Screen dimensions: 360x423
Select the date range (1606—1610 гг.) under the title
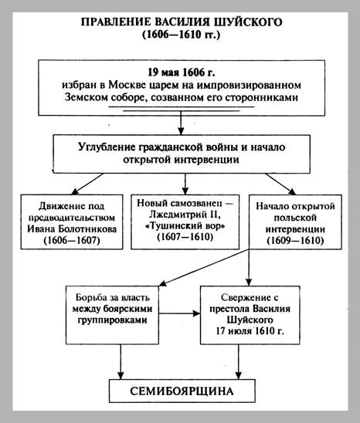[x=182, y=35]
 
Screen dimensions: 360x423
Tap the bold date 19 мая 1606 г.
[x=182, y=73]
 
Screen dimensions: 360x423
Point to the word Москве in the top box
[x=125, y=85]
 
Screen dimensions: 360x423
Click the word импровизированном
[x=249, y=86]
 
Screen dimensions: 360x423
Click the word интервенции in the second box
[x=206, y=160]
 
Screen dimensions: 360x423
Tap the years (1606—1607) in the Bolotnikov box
[x=72, y=240]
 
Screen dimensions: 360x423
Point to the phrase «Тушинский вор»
[x=185, y=225]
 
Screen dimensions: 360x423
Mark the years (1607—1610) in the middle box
[x=185, y=237]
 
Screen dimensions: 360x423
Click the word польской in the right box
[x=295, y=218]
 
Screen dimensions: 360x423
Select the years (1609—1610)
[x=295, y=240]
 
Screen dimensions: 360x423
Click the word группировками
[x=113, y=320]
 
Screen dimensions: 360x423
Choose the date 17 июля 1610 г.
[x=250, y=331]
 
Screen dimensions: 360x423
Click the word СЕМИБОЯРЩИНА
[x=182, y=391]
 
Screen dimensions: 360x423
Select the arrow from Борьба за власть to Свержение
[x=179, y=313]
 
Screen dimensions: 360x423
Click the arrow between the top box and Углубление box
[x=181, y=123]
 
